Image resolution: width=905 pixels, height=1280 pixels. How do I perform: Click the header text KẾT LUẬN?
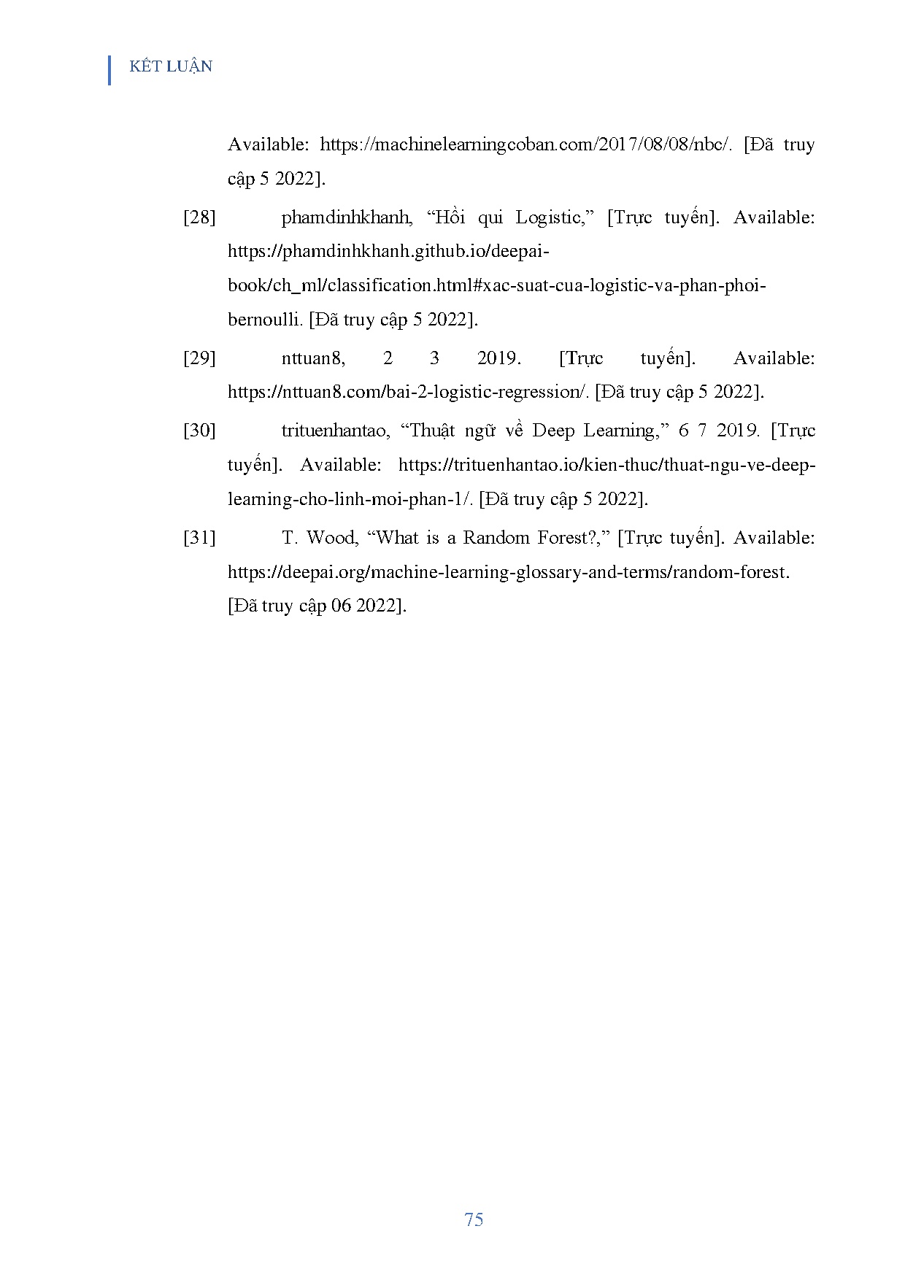(x=171, y=66)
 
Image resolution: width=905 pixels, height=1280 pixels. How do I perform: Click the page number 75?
(x=473, y=1219)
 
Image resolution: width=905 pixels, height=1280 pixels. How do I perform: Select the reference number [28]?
(x=199, y=217)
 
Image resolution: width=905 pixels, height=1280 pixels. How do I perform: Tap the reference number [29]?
(x=199, y=358)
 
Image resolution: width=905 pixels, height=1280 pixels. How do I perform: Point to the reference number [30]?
(x=199, y=431)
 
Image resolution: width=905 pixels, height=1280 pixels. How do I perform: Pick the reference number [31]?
(x=199, y=538)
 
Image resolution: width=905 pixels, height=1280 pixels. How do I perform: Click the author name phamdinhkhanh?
(x=347, y=217)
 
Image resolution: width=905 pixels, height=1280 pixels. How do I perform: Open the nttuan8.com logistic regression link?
(x=407, y=392)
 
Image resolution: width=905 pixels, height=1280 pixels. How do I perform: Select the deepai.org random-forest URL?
(x=508, y=572)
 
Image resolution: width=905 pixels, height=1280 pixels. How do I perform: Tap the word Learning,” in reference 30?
(x=625, y=431)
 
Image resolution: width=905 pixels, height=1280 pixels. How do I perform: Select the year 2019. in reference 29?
(x=498, y=358)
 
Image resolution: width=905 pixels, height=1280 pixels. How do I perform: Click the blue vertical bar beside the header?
(x=109, y=70)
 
